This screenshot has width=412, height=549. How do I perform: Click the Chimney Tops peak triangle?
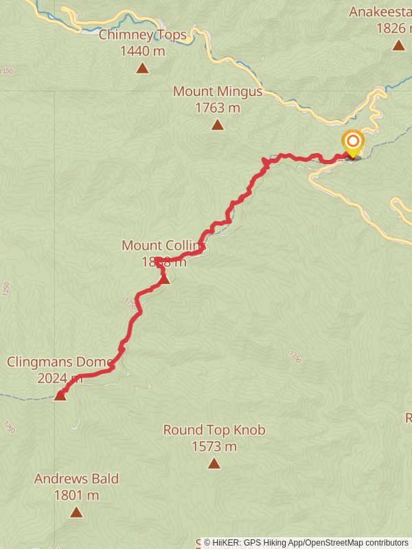click(x=142, y=68)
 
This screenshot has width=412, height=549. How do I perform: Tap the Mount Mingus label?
click(x=217, y=91)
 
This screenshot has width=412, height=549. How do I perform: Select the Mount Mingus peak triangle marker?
click(x=217, y=125)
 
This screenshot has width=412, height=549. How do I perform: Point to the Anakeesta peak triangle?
click(x=398, y=46)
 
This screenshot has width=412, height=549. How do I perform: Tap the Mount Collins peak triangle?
click(x=164, y=279)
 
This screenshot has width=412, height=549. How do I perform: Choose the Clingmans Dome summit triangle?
click(x=60, y=395)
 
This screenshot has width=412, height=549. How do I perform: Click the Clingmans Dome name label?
click(x=59, y=362)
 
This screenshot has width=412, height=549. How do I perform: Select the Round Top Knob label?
click(x=214, y=430)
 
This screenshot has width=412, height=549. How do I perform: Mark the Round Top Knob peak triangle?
click(x=214, y=464)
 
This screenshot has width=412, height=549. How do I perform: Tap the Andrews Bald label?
click(x=76, y=479)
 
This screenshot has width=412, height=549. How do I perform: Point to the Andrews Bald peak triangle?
click(x=76, y=512)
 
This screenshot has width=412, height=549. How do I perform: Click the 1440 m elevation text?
click(x=142, y=51)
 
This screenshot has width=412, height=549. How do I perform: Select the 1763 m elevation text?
click(x=217, y=108)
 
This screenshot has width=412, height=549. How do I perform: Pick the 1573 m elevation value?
click(x=214, y=447)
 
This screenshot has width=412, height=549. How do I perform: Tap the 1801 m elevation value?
click(x=76, y=495)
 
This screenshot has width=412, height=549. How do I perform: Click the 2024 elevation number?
click(x=52, y=378)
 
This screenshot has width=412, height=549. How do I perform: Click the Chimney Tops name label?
click(x=142, y=34)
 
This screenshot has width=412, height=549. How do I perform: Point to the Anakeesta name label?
click(x=380, y=12)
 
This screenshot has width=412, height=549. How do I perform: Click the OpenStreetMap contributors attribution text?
click(x=356, y=543)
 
